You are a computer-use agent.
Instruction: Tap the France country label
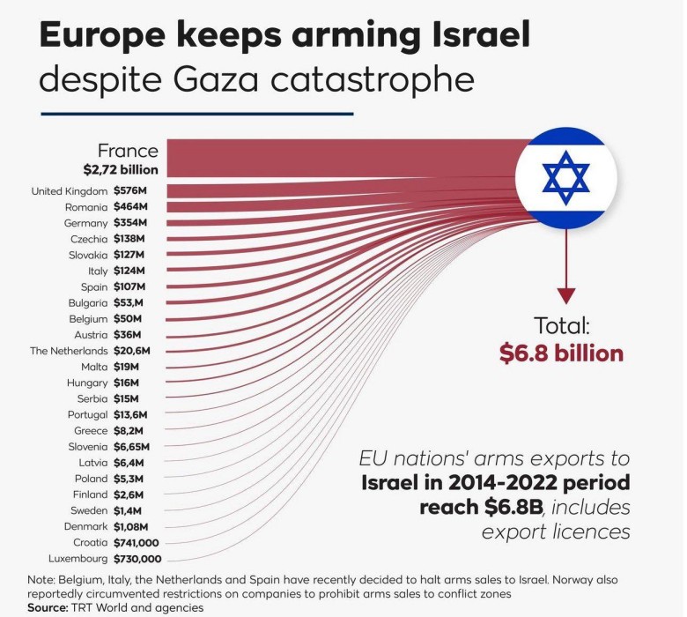click(x=128, y=151)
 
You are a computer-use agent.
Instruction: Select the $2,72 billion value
click(x=122, y=168)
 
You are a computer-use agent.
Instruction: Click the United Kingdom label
click(x=69, y=191)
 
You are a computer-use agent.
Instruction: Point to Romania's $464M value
click(x=129, y=207)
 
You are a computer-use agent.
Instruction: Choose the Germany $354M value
click(x=129, y=223)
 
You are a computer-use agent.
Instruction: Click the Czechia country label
click(x=89, y=239)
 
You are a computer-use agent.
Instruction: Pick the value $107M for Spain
click(x=129, y=286)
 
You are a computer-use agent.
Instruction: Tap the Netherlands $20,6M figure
click(x=132, y=351)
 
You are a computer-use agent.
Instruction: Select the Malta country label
click(x=93, y=367)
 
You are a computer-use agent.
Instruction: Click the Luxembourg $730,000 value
click(x=137, y=559)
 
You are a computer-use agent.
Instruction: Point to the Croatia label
click(x=90, y=543)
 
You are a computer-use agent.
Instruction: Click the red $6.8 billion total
click(x=561, y=353)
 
